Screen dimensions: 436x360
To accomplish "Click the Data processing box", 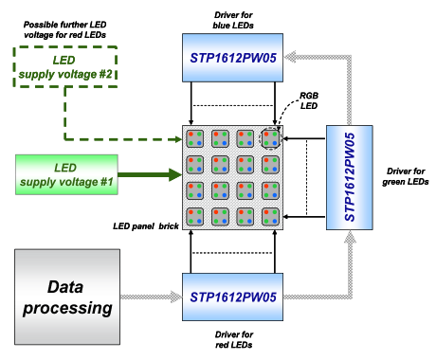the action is [67, 297].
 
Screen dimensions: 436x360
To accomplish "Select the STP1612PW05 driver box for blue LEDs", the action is [232, 58].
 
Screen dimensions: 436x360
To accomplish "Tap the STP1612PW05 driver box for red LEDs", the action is [232, 297].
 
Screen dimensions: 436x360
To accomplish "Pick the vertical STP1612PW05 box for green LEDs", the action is [350, 177].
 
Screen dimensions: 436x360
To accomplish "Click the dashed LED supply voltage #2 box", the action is [65, 66].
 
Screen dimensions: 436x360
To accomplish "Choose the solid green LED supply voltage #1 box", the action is [66, 174].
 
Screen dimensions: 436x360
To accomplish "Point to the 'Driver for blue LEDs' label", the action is [233, 20].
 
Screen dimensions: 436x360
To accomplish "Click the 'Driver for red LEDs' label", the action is [234, 339].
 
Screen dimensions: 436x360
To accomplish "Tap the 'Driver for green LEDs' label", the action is [406, 176].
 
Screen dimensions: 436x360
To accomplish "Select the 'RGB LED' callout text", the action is [309, 100].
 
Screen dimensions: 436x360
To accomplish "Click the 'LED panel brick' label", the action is [146, 226].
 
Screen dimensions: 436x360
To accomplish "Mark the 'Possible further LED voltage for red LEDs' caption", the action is [64, 29].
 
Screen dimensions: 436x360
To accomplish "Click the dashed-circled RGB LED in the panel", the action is [270, 138].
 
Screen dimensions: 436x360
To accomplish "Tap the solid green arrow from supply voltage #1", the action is [150, 175].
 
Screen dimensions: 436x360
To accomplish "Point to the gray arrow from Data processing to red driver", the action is [151, 297].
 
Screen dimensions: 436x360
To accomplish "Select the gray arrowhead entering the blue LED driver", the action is [290, 58].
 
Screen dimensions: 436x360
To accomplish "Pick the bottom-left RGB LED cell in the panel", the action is [194, 217].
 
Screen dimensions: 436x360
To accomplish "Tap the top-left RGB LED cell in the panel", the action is [194, 138].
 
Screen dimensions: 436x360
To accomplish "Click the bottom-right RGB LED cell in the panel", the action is [270, 217].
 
